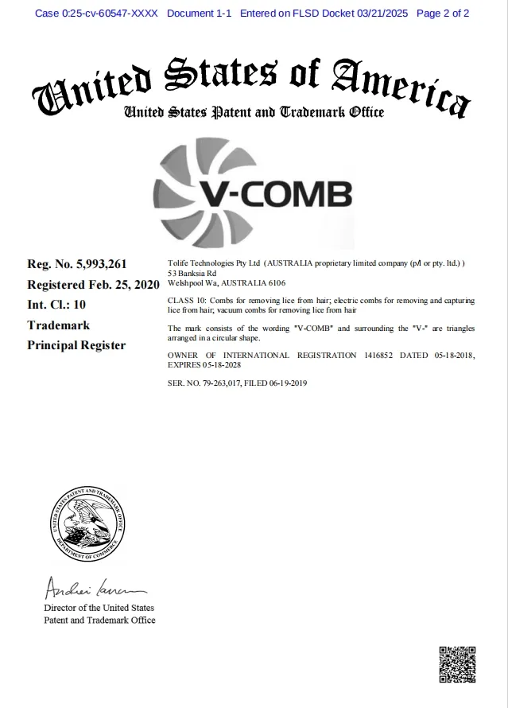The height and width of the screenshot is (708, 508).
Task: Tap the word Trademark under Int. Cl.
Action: (58, 325)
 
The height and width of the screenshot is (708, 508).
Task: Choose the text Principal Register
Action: (76, 345)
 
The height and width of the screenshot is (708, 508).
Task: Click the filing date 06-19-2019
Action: (288, 383)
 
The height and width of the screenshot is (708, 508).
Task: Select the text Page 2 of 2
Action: (443, 14)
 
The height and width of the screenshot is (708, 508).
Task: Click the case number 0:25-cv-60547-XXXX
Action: (96, 14)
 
